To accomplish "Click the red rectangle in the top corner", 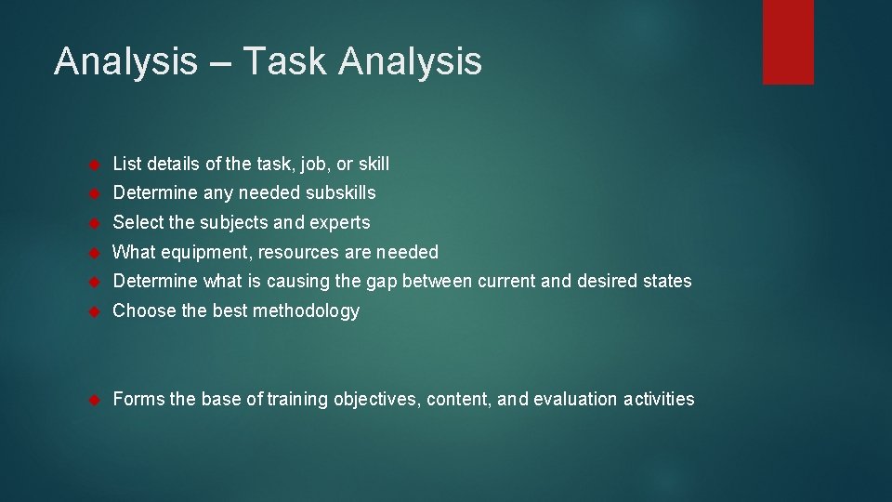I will point(788,42).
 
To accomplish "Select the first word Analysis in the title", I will point(125,61).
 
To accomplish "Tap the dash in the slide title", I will point(219,63).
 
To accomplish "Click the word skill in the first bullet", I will point(374,164).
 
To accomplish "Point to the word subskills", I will point(337,193).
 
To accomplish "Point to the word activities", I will point(659,400).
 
